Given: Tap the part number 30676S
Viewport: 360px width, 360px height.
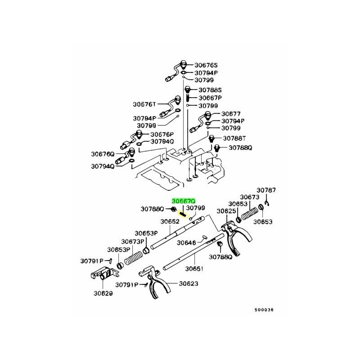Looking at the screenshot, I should click(x=206, y=64).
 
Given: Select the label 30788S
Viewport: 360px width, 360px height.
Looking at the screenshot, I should click(x=206, y=90).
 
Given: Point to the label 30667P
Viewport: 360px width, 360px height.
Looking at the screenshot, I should click(x=206, y=98).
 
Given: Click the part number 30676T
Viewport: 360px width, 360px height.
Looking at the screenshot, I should click(x=144, y=104).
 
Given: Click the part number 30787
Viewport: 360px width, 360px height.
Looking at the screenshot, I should click(x=266, y=190).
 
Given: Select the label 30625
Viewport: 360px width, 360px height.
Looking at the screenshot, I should click(x=226, y=211).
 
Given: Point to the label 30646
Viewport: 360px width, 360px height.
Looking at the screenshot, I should click(x=186, y=243).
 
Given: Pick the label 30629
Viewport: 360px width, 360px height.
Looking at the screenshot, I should click(x=103, y=293).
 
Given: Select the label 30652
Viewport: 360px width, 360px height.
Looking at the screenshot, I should click(x=170, y=221).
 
